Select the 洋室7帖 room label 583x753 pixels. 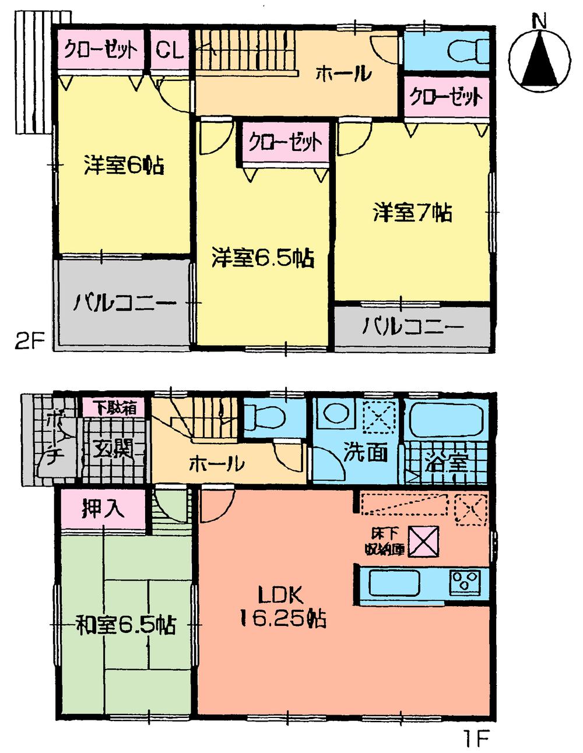pos(413,213)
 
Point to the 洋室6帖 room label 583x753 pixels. pos(123,166)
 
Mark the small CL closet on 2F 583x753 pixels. pos(170,50)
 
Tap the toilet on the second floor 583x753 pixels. pos(465,49)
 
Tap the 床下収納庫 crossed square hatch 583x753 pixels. pos(423,540)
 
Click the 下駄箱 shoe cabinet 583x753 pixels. pos(115,408)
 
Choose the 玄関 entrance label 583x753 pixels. pos(114,449)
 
